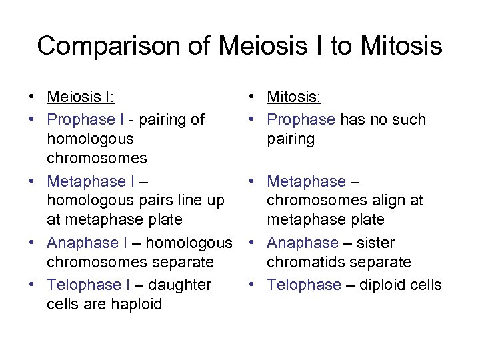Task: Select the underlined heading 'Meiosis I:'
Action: click(x=81, y=97)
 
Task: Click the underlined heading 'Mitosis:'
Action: click(x=294, y=97)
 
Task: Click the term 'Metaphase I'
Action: click(x=91, y=181)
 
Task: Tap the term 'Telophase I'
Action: click(x=89, y=285)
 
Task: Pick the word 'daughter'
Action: click(x=181, y=285)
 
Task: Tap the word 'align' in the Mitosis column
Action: click(x=385, y=201)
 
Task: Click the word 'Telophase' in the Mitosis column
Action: click(x=304, y=285)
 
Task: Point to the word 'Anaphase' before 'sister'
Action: click(x=303, y=243)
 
